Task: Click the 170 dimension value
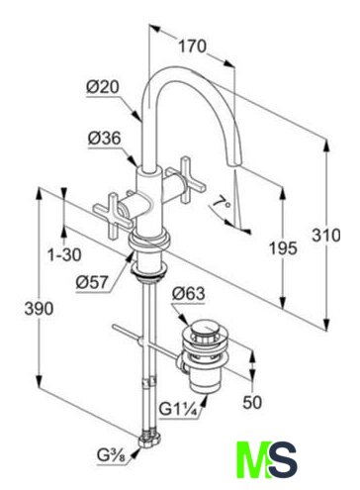tap(192, 47)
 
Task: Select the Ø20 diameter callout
tap(103, 87)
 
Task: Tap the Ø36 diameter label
tap(105, 139)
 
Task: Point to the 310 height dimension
tap(326, 236)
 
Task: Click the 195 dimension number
tap(283, 248)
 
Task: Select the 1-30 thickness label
tap(64, 254)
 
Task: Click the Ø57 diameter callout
tap(92, 282)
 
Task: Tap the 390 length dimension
tap(39, 309)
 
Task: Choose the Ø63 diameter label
tap(188, 293)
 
